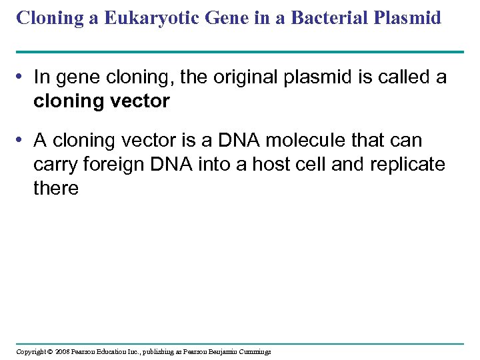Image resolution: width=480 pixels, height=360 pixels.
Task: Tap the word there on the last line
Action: point(56,189)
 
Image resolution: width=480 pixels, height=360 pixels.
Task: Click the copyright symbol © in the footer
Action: point(49,351)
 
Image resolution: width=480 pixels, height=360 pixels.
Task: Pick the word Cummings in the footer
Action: point(253,351)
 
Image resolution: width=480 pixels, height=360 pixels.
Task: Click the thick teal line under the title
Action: point(239,51)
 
